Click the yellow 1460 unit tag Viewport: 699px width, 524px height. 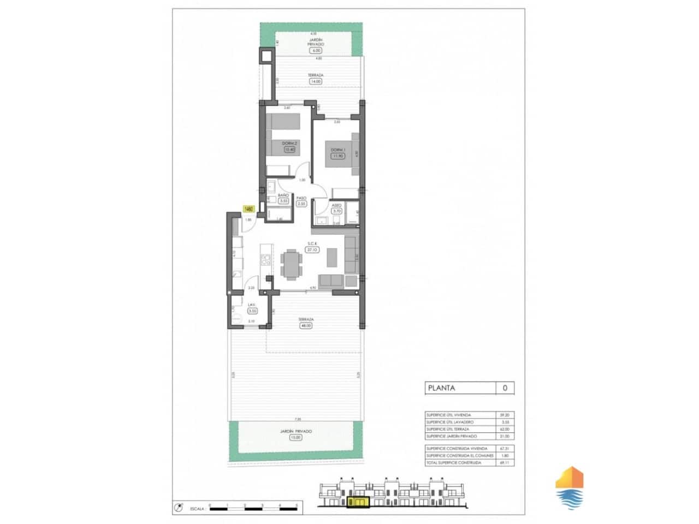pyautogui.click(x=248, y=209)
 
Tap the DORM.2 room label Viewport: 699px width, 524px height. pyautogui.click(x=289, y=143)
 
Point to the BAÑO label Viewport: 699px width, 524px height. pyautogui.click(x=283, y=195)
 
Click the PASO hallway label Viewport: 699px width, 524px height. pyautogui.click(x=301, y=198)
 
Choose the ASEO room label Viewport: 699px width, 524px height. pyautogui.click(x=336, y=205)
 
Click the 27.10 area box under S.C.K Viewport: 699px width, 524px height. pyautogui.click(x=312, y=250)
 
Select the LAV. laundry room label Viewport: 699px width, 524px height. pyautogui.click(x=252, y=305)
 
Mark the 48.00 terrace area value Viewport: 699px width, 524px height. pyautogui.click(x=305, y=326)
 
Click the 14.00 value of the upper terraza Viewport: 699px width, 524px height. pyautogui.click(x=315, y=81)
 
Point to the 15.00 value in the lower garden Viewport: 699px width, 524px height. pyautogui.click(x=295, y=437)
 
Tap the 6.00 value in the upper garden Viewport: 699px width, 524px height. pyautogui.click(x=315, y=51)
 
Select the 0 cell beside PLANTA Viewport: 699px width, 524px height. pyautogui.click(x=505, y=389)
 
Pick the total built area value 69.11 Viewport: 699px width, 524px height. pyautogui.click(x=505, y=462)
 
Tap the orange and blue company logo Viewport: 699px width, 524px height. pyautogui.click(x=569, y=487)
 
